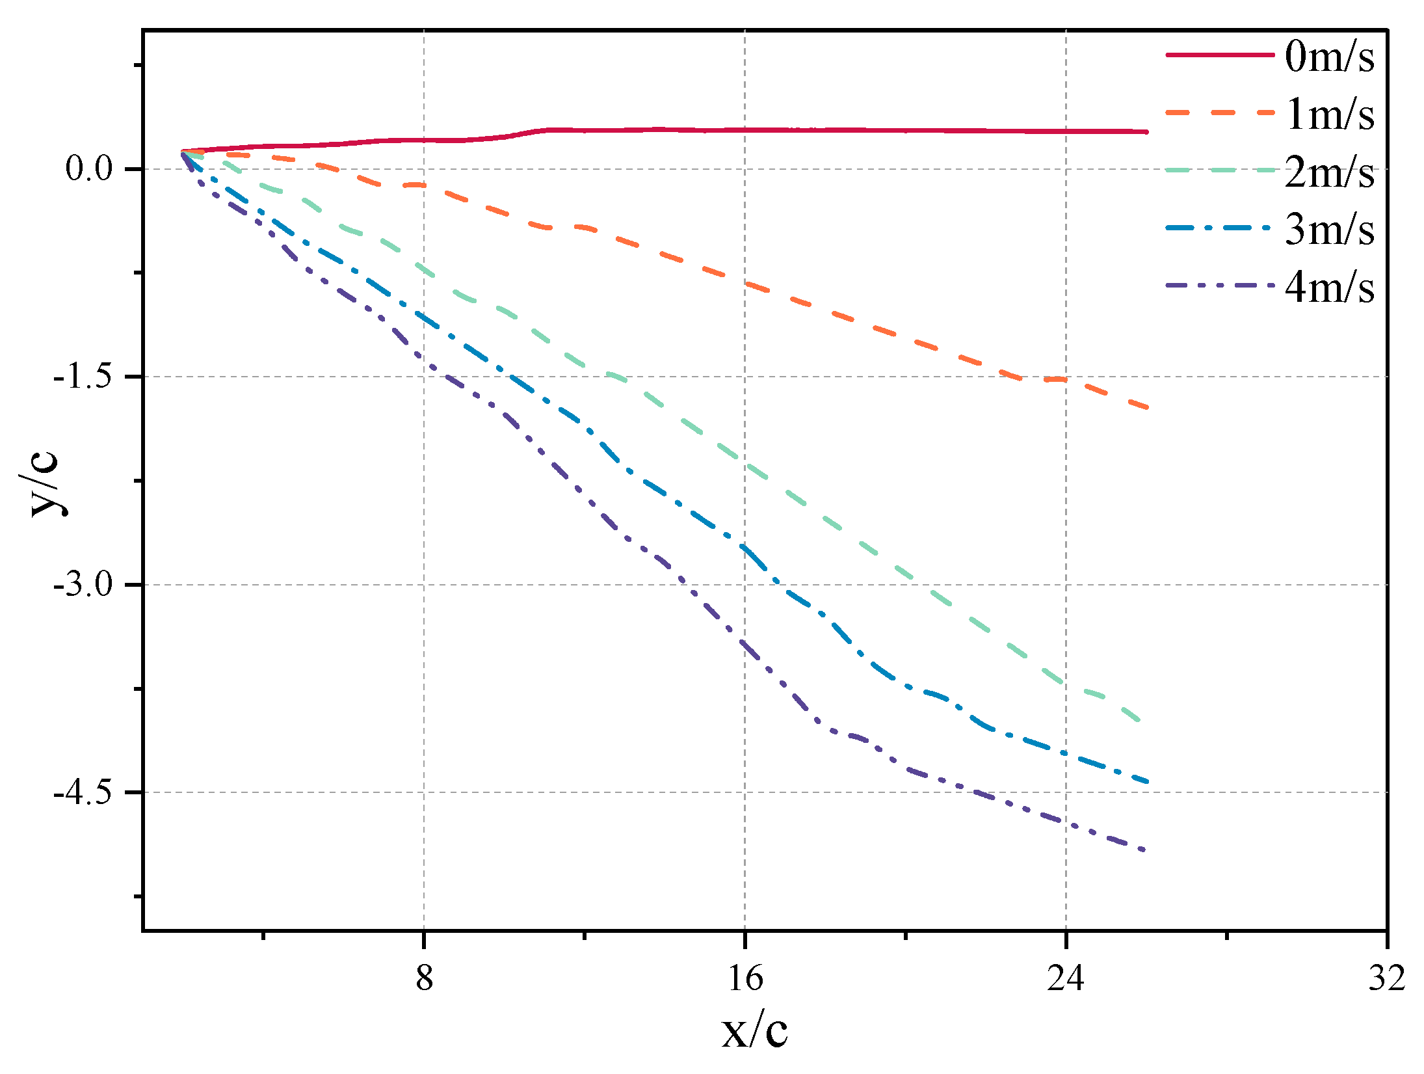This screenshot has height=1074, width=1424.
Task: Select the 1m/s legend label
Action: [x=1329, y=114]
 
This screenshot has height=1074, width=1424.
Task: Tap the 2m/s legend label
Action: [x=1329, y=172]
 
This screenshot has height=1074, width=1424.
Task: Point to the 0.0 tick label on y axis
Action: [x=89, y=169]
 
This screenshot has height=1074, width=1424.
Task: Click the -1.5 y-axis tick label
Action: [x=83, y=377]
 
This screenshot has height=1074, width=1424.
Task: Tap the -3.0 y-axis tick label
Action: [x=83, y=584]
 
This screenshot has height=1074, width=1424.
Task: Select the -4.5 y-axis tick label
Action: [x=83, y=792]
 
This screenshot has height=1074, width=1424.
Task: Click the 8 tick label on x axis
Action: [x=424, y=978]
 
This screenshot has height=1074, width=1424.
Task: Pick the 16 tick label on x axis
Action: [x=745, y=978]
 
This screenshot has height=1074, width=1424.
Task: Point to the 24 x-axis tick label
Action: [x=1066, y=978]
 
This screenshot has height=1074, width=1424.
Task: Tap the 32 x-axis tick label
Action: [x=1386, y=978]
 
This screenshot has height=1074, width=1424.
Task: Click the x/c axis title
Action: [x=754, y=1031]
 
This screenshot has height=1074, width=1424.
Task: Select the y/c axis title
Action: [x=44, y=483]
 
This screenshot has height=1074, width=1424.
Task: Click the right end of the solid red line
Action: [x=1146, y=132]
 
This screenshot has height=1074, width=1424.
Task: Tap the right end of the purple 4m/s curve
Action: [x=1144, y=850]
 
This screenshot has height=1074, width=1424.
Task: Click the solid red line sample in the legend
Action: [x=1219, y=55]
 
